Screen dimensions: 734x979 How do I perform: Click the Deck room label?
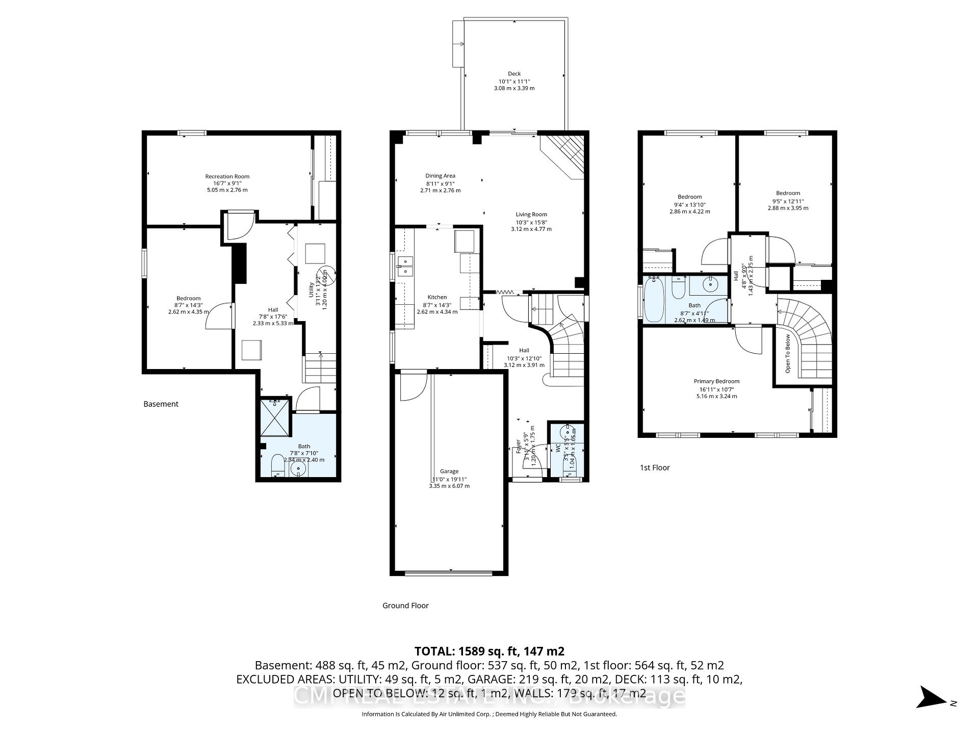point(514,74)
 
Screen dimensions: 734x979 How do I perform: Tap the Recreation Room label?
point(227,176)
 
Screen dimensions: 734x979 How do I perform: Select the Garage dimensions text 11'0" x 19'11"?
point(449,479)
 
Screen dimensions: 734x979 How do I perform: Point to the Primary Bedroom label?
point(716,381)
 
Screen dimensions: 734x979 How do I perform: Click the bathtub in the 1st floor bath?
point(653,299)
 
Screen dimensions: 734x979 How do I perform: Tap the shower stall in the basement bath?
point(275,417)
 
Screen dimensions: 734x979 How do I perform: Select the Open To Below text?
point(788,353)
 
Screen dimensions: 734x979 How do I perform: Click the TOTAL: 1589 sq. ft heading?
point(489,651)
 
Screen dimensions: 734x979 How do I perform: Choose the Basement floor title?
point(161,404)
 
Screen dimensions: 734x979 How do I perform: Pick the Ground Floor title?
point(405,606)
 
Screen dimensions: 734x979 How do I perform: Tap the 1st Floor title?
point(655,467)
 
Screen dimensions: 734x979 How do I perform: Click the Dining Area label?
point(440,176)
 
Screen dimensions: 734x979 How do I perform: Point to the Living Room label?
point(531,215)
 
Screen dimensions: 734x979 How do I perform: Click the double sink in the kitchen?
point(406,266)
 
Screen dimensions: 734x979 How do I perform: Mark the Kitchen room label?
point(437,297)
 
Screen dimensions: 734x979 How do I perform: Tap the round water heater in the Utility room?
point(326,275)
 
